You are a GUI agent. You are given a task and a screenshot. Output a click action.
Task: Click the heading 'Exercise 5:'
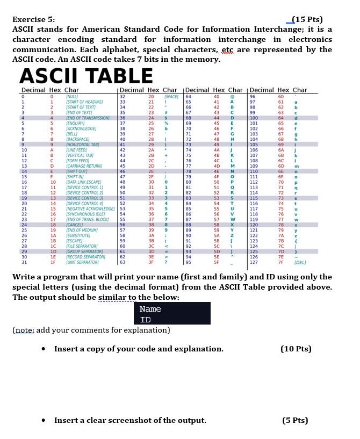[x=33, y=20]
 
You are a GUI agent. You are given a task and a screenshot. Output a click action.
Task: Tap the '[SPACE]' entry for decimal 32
[x=171, y=95]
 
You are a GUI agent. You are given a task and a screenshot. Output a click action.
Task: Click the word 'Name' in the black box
[x=150, y=309]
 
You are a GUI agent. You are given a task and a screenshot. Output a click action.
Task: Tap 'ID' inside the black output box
[x=145, y=320]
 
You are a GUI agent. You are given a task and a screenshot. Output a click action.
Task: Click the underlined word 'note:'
[x=26, y=331]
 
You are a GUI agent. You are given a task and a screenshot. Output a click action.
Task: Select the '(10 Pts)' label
[x=296, y=349]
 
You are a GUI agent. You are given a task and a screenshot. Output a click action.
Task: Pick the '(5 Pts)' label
[x=296, y=420]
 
